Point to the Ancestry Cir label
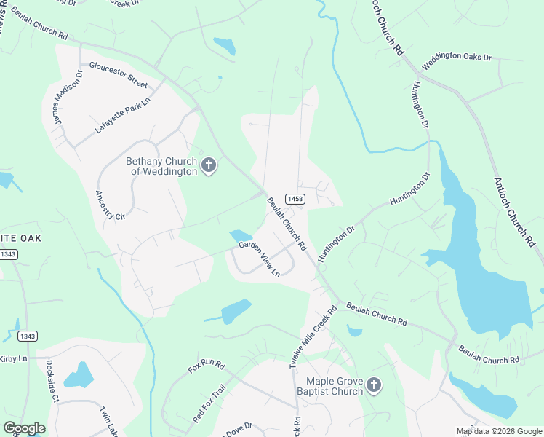point(111,205)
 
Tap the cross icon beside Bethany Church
point(209,165)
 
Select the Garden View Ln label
point(260,259)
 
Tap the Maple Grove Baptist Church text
point(334,386)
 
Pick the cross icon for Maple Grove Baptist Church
point(373,385)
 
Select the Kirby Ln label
point(12,358)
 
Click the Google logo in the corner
point(24,428)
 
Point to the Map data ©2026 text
point(498,431)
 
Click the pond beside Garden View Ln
point(240,236)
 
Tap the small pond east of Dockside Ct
point(78,375)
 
